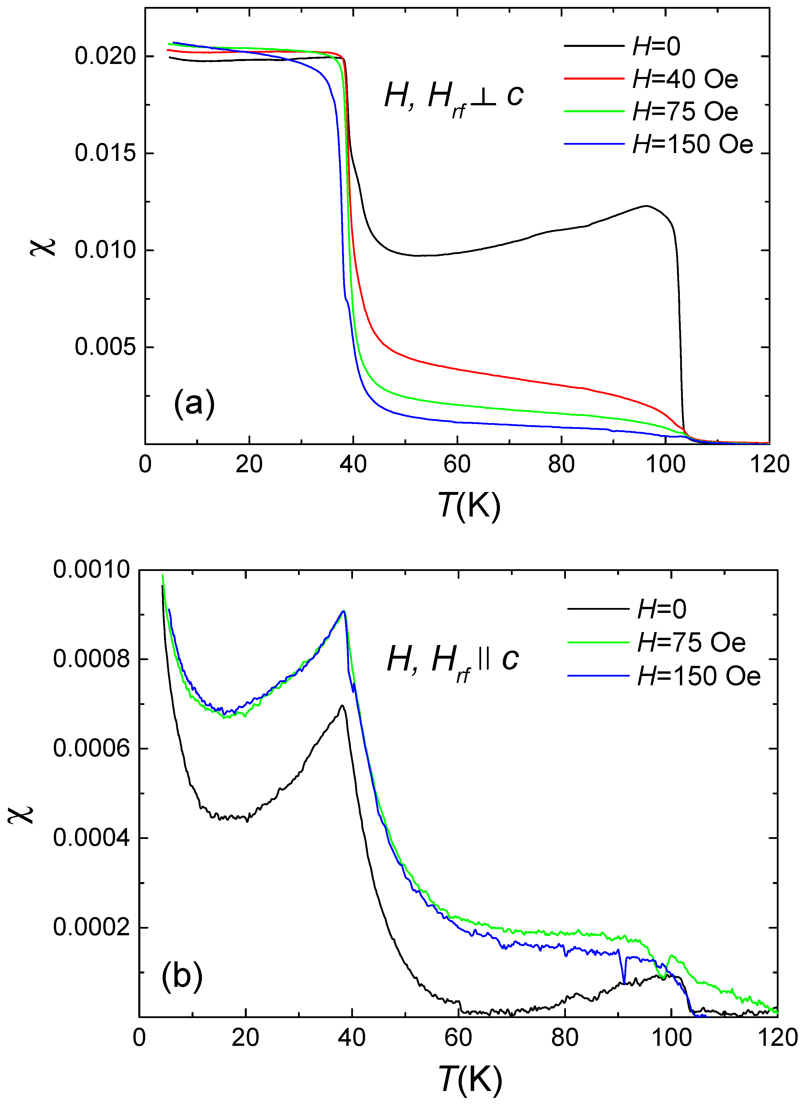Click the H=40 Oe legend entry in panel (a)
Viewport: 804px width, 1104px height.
point(685,79)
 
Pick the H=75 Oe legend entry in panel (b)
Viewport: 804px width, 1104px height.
point(691,642)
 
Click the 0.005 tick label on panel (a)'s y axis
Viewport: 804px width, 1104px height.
point(105,347)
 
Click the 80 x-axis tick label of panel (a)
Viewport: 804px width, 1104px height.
point(561,464)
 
